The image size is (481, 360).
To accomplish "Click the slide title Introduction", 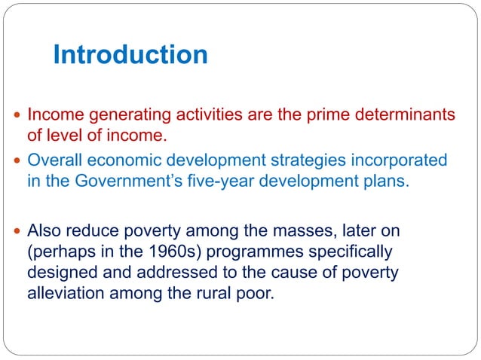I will coord(130,54).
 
